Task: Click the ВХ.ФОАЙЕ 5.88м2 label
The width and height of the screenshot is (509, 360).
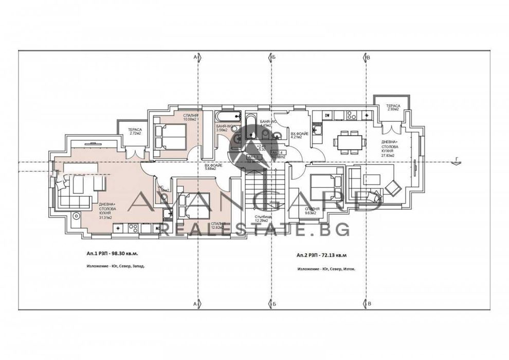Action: pos(213,166)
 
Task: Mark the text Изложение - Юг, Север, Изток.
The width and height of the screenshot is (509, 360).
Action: pos(325,268)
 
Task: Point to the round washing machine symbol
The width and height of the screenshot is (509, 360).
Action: pos(77,217)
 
